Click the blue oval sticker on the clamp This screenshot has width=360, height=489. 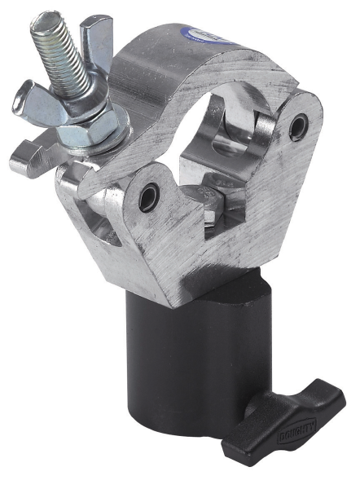point(205,33)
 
